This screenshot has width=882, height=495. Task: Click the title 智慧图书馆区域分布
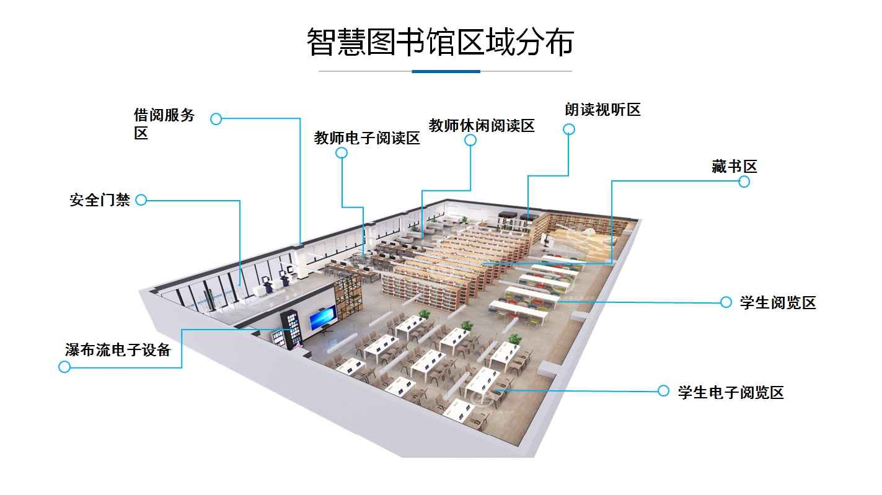[x=440, y=42]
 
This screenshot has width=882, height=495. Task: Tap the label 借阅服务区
[x=164, y=123]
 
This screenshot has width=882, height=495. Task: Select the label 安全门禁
[x=100, y=200]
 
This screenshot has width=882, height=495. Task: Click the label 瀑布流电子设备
[x=118, y=349]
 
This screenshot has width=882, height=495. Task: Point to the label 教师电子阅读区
[x=367, y=138]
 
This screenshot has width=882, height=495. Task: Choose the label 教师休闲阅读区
[x=482, y=126]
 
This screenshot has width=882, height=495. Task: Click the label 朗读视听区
[x=602, y=110]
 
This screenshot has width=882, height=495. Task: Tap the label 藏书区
[x=734, y=166]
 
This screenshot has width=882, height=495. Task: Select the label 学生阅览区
[x=778, y=303]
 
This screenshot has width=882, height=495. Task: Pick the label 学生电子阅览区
[x=731, y=392]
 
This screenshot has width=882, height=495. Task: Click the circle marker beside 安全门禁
[x=141, y=200]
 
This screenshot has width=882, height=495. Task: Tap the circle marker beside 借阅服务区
[x=216, y=119]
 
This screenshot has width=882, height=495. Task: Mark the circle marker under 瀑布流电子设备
[x=64, y=367]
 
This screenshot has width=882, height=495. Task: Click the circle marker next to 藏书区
[x=744, y=182]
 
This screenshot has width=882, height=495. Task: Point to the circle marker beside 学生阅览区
[x=726, y=302]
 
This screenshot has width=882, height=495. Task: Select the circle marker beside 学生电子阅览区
[x=663, y=391]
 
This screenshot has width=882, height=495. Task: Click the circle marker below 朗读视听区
[x=569, y=129]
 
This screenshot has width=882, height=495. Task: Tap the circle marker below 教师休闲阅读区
[x=470, y=141]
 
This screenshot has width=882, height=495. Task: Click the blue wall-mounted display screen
[x=322, y=318]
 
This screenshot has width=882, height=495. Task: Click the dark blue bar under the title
[x=446, y=71]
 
